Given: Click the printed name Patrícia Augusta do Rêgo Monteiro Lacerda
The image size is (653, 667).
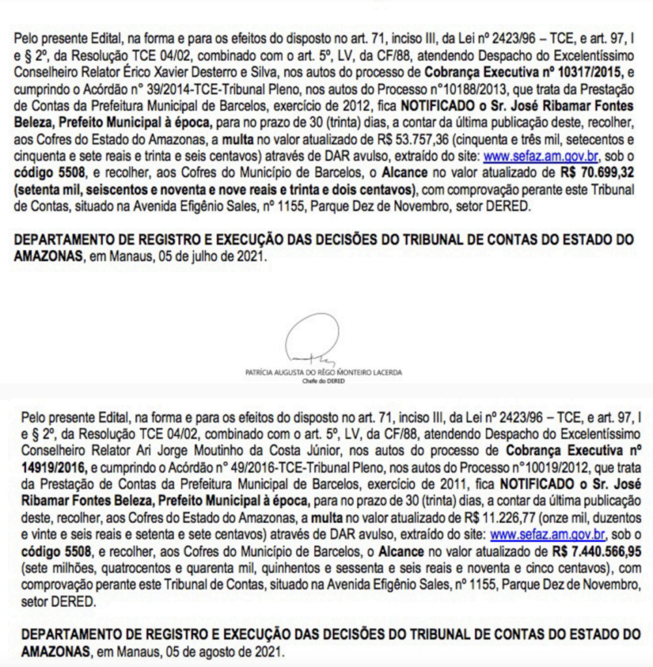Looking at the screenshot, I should point(324,373).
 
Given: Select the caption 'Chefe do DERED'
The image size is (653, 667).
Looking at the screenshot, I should point(324,381).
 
